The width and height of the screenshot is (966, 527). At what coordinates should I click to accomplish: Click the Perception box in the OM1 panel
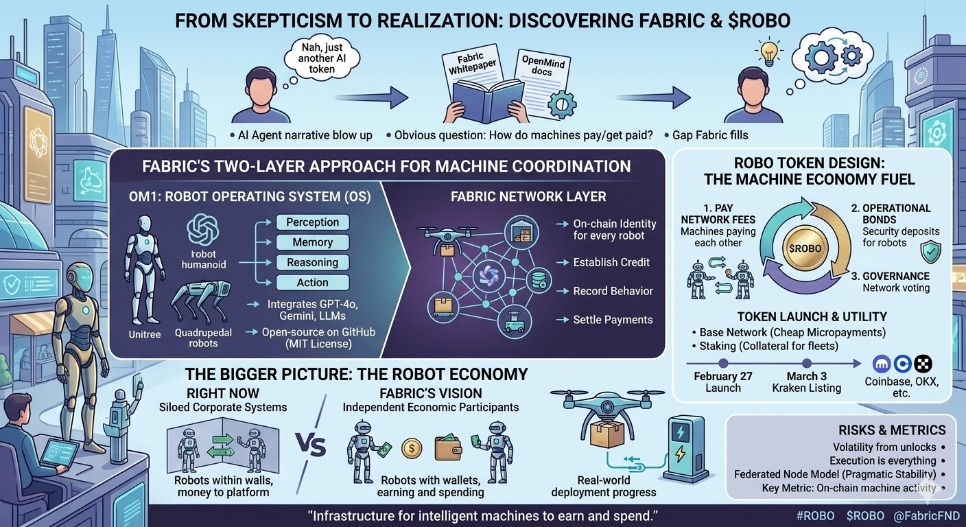(x=312, y=222)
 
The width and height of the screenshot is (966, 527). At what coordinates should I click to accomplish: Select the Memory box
(x=312, y=242)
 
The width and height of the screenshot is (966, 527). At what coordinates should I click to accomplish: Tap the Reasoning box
(x=312, y=262)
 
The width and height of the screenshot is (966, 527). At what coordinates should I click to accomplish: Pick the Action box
(x=312, y=282)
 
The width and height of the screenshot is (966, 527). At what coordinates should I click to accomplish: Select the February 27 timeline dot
(x=722, y=364)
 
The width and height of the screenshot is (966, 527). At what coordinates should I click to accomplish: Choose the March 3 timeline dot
(x=807, y=364)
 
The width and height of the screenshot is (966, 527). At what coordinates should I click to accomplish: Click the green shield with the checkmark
(x=930, y=252)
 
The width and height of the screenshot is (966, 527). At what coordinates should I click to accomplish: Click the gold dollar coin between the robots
(x=411, y=448)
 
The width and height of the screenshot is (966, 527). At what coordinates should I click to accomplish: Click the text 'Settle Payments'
(x=613, y=319)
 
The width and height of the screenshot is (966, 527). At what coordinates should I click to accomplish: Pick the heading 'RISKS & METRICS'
(x=892, y=430)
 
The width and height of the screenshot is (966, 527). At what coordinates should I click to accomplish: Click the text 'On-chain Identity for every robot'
(x=615, y=230)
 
